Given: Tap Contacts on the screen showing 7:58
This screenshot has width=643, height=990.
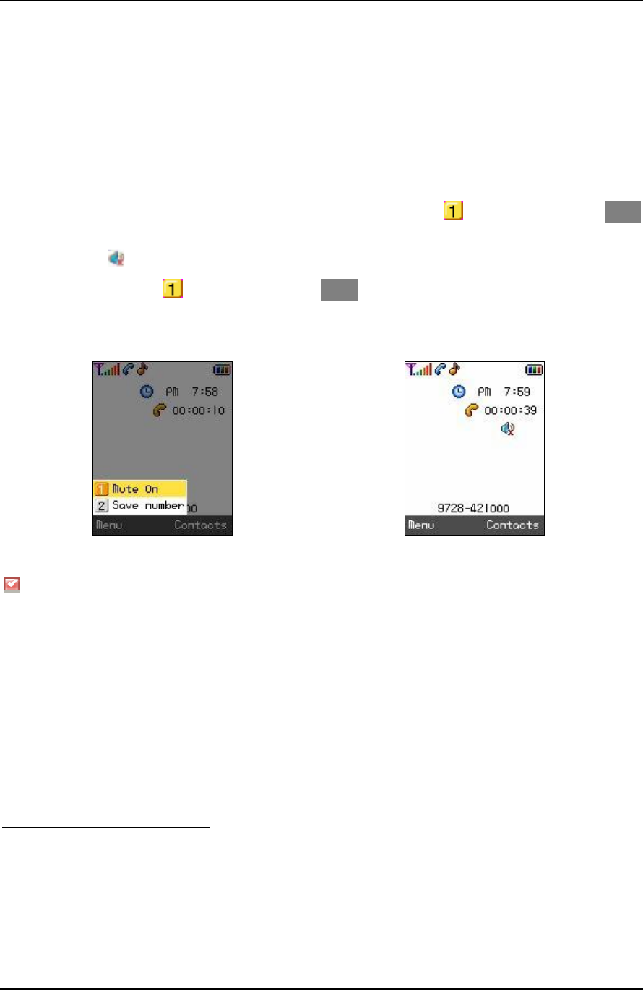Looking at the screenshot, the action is point(200,525).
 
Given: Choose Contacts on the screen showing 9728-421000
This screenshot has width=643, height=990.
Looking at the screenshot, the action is point(512,525).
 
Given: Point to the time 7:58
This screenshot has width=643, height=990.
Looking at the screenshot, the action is point(205,392).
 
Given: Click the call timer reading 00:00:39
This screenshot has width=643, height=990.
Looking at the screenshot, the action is point(510,410).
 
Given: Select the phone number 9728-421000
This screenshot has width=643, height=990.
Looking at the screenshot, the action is point(473,508).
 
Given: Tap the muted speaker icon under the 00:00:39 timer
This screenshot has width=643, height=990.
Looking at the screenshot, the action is point(509,429).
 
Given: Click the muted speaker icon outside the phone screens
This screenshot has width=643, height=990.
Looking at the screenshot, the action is point(116,257).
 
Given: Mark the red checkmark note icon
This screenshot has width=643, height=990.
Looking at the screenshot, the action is point(11,585).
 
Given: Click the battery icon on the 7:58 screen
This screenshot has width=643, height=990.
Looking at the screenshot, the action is point(221,370).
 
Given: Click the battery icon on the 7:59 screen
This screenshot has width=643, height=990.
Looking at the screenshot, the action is point(533,370).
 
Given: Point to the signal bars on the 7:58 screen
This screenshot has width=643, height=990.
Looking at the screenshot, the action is point(107,370).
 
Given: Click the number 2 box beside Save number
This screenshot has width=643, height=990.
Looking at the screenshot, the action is point(103,505).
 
